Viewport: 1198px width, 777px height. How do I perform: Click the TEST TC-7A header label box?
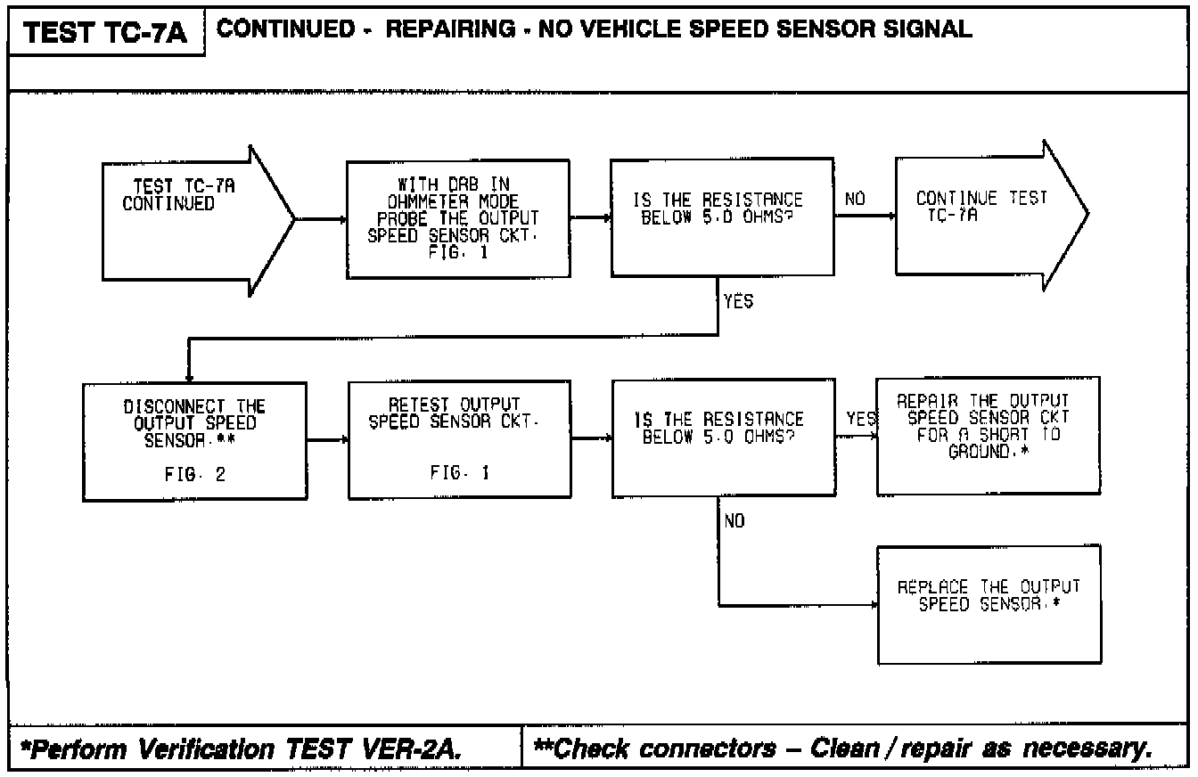107,33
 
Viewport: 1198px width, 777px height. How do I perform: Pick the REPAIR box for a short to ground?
988,436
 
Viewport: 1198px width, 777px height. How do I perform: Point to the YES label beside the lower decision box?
857,420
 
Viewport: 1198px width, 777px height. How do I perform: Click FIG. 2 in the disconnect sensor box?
195,475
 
